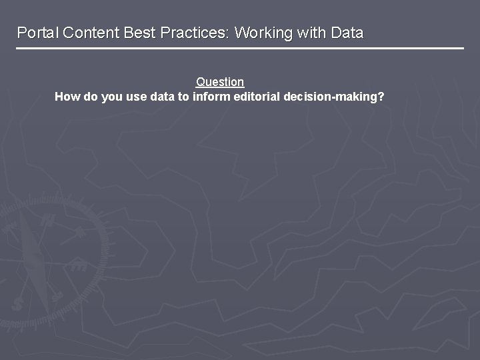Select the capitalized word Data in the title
point(347,33)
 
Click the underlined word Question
point(220,82)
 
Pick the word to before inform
point(183,97)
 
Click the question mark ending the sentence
point(381,97)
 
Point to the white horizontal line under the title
point(240,48)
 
